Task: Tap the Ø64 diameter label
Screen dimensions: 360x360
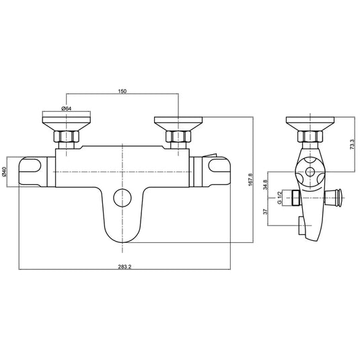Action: click(67, 108)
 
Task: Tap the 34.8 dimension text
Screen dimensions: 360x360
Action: click(266, 183)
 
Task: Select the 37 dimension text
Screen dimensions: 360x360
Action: click(266, 211)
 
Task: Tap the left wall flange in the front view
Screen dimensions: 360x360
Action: click(66, 124)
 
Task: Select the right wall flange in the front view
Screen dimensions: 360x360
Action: click(177, 124)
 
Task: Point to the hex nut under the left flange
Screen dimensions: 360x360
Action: click(66, 140)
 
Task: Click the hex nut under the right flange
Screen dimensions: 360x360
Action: click(177, 140)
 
